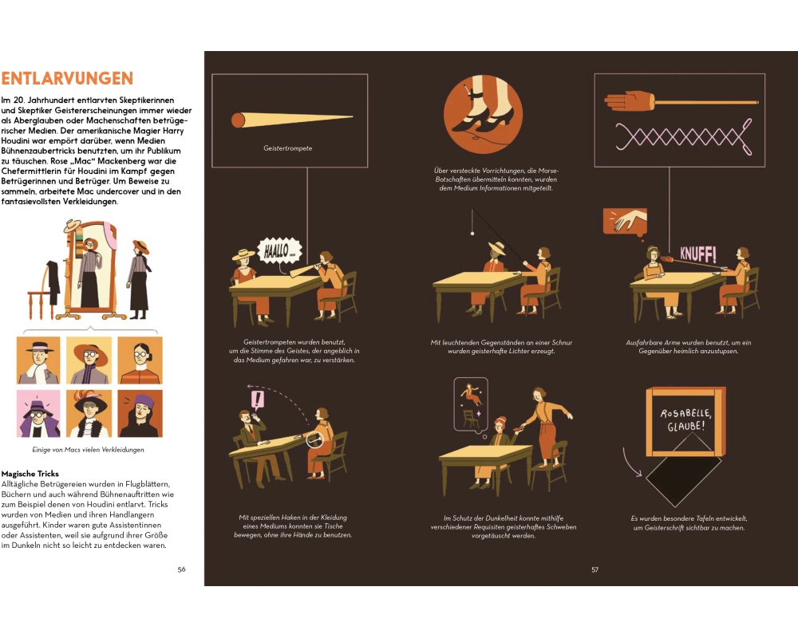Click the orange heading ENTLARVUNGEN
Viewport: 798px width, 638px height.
pyautogui.click(x=67, y=78)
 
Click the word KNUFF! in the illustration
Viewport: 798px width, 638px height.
pyautogui.click(x=698, y=254)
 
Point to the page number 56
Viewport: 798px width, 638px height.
pyautogui.click(x=181, y=569)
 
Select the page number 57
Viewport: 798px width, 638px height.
pyautogui.click(x=595, y=570)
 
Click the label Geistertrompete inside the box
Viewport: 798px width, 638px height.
pyautogui.click(x=287, y=148)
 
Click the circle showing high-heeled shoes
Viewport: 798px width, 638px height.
pyautogui.click(x=483, y=114)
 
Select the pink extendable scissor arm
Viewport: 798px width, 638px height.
pyautogui.click(x=685, y=136)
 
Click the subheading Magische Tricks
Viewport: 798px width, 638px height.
pyautogui.click(x=30, y=474)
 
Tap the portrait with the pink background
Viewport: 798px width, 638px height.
pyautogui.click(x=38, y=414)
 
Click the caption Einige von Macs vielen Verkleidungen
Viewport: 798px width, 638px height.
pyautogui.click(x=88, y=450)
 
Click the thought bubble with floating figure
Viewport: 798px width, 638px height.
pyautogui.click(x=471, y=406)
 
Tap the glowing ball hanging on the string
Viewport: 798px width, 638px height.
pyautogui.click(x=472, y=234)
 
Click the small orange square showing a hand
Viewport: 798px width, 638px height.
pyautogui.click(x=625, y=222)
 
